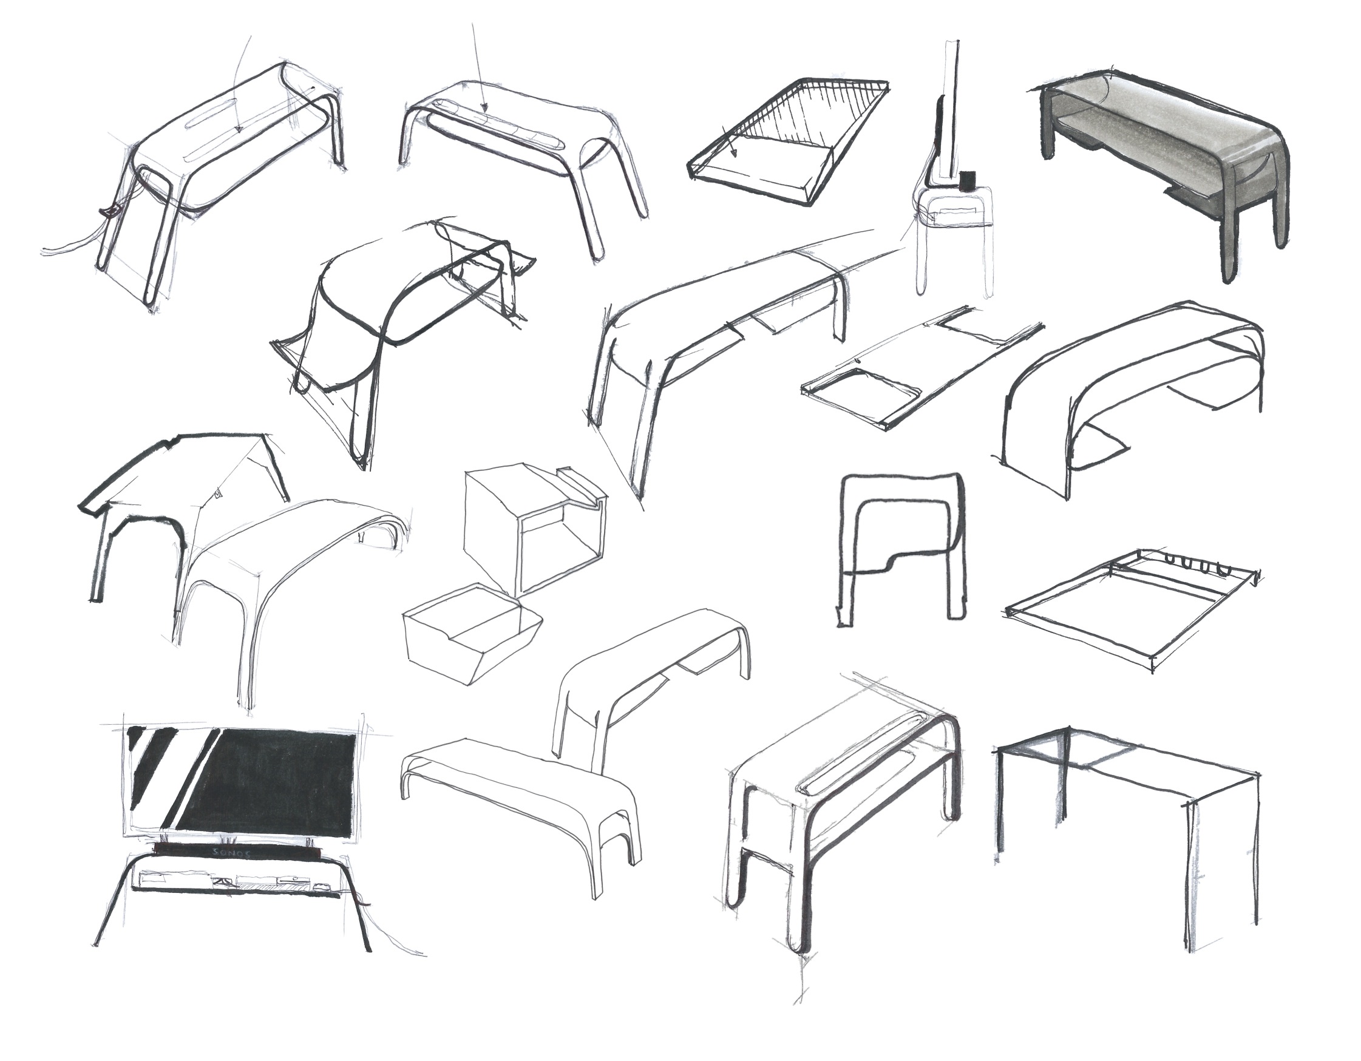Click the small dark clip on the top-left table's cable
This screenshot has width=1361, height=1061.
[x=110, y=212]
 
